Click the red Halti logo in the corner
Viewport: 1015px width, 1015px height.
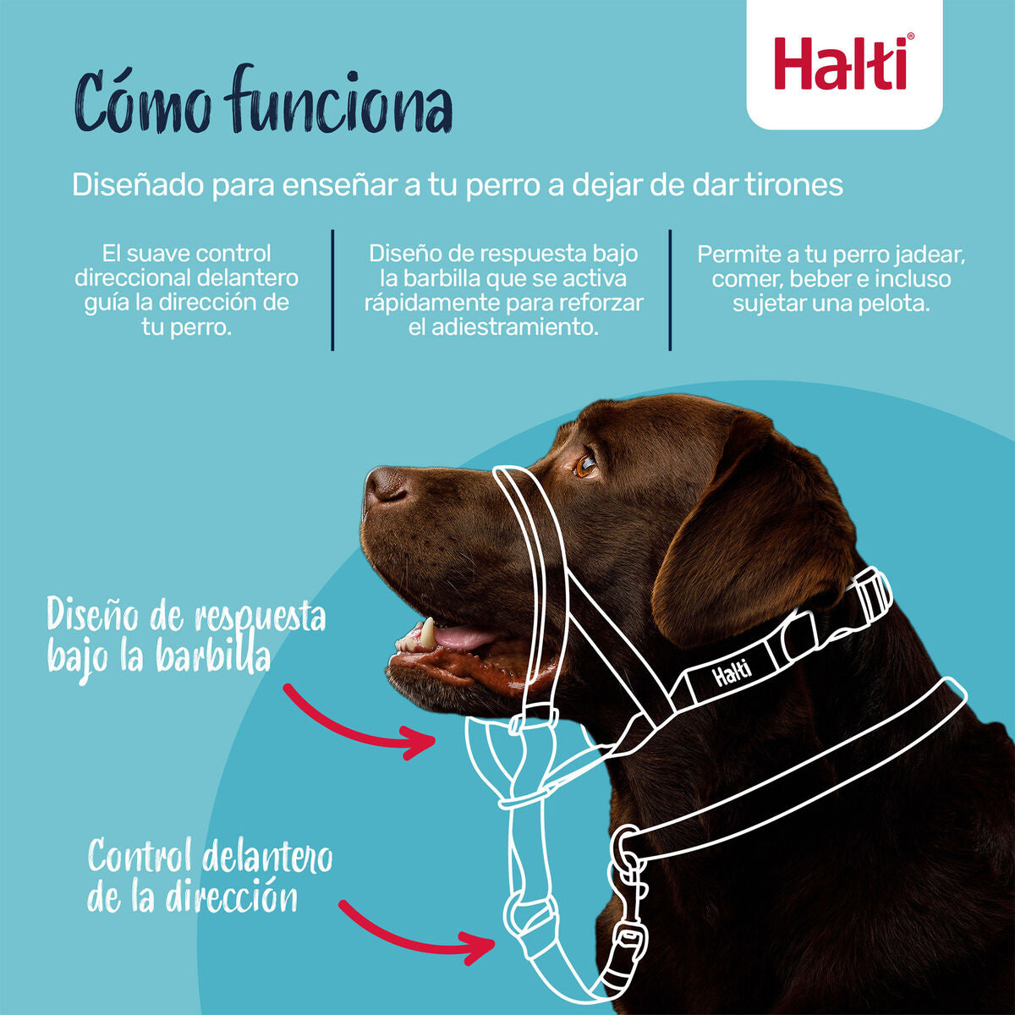click(843, 63)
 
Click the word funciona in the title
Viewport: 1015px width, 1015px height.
click(338, 103)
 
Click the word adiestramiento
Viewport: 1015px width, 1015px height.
click(503, 327)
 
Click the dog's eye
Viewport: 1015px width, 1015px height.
click(585, 465)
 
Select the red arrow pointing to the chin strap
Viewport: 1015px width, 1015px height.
click(359, 723)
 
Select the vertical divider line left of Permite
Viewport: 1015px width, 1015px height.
click(670, 289)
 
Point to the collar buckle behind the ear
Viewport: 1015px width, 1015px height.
click(867, 597)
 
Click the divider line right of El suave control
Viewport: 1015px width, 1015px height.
click(332, 289)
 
